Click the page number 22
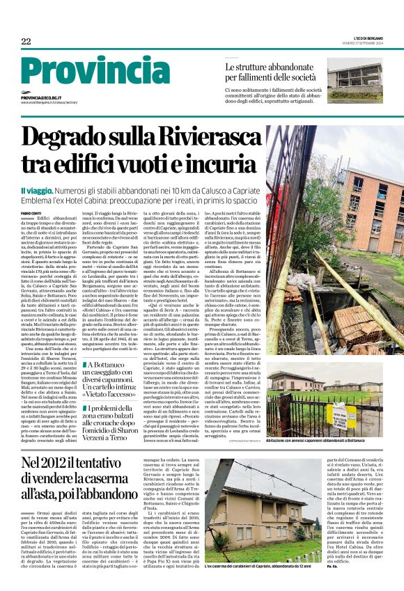tap(26, 42)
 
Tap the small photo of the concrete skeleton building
tap(355, 82)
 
